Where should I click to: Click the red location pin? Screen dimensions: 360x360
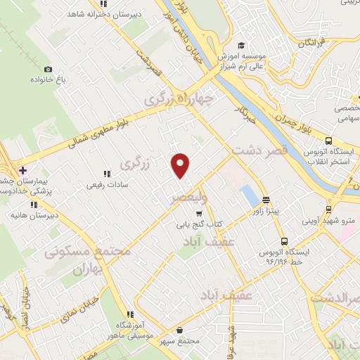(181, 164)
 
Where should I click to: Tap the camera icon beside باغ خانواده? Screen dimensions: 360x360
(48, 69)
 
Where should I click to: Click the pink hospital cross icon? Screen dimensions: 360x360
(23, 170)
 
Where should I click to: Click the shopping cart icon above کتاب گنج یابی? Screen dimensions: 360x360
(200, 213)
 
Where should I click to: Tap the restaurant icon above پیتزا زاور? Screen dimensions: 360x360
(266, 200)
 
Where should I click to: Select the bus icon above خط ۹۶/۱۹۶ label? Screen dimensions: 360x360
(283, 240)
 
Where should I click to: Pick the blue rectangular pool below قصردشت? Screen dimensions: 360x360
(248, 195)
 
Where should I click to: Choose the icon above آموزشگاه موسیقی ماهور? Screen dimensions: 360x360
(129, 314)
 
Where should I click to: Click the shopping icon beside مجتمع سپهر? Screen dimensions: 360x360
(181, 330)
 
